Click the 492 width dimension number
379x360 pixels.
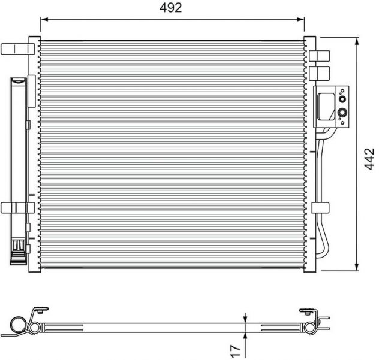tap(172, 8)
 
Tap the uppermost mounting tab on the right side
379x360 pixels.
tap(320, 56)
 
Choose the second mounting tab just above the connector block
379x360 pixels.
tap(320, 73)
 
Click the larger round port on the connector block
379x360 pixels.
tap(342, 113)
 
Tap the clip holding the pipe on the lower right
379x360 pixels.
tap(320, 208)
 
